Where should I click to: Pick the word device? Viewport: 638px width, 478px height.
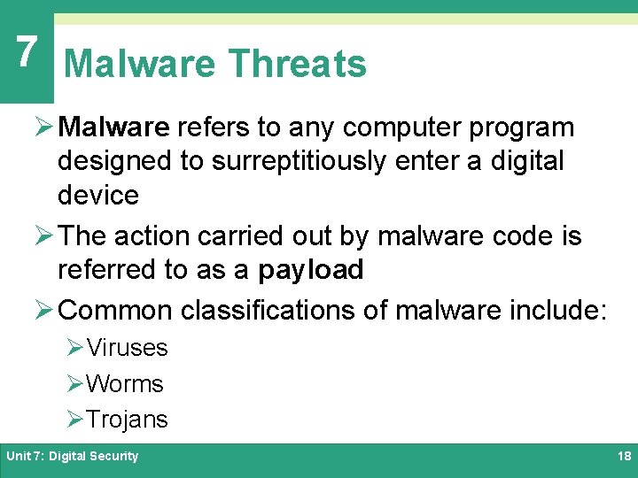point(98,195)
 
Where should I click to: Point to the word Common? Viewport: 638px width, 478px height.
point(115,311)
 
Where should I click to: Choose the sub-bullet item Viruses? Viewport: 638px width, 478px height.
point(127,348)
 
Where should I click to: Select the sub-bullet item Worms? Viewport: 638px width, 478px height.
point(125,384)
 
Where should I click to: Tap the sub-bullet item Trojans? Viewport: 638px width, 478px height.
point(127,420)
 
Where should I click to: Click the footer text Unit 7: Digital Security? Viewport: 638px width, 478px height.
point(73,456)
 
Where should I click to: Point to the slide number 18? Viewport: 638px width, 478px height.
point(622,456)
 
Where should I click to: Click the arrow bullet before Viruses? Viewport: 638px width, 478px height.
point(74,348)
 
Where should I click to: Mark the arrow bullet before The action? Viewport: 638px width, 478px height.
point(44,236)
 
